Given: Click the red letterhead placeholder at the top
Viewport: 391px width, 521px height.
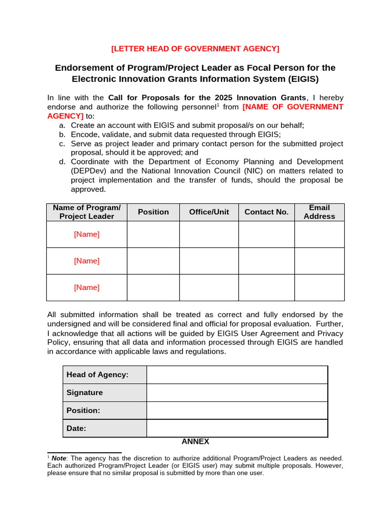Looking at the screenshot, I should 195,48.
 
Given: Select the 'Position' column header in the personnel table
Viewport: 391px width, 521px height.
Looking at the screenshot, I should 153,212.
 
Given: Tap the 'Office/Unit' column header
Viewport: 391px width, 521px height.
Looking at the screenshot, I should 209,212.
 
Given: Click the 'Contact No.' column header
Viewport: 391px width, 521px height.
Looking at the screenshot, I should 266,212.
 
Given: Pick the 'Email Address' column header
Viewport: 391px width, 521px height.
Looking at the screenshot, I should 319,212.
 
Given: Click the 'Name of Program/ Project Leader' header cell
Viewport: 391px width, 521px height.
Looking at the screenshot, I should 87,212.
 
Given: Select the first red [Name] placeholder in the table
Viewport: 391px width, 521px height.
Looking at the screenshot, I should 87,235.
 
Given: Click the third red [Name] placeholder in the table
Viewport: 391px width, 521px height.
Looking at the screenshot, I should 87,287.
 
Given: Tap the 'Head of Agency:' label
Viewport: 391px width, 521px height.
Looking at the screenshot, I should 97,375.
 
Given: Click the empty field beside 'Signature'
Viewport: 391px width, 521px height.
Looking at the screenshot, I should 237,393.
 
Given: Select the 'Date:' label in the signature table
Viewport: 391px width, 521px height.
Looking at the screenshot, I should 76,428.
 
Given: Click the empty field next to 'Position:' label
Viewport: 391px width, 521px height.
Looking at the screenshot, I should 237,411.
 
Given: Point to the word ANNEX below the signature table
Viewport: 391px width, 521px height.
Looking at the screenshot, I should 195,442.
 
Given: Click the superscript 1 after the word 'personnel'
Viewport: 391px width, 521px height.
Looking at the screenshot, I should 218,105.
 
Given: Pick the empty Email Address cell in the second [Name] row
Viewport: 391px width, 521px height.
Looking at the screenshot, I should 319,261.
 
